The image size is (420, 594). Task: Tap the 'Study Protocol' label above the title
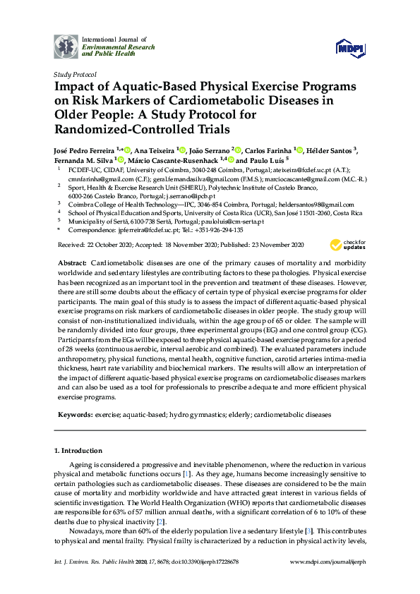pyautogui.click(x=74, y=73)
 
